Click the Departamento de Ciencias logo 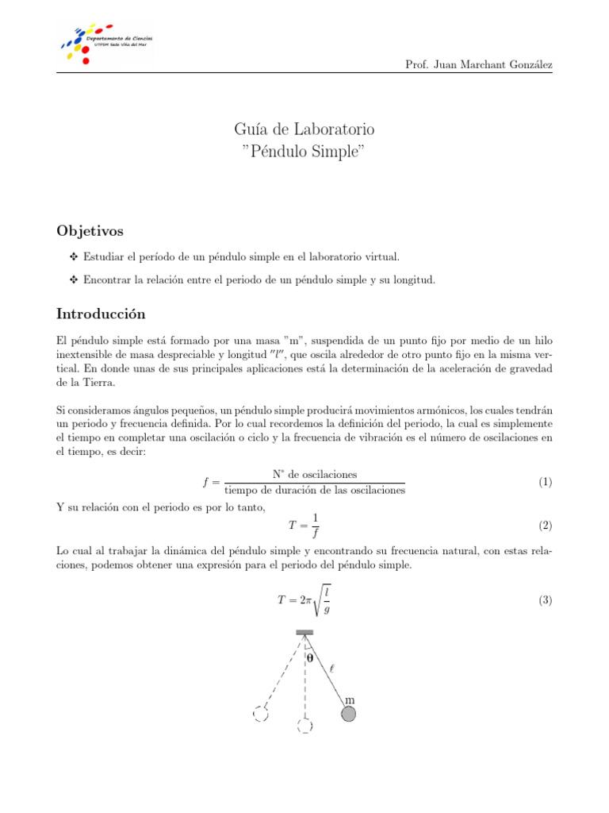[107, 41]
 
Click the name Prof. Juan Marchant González [478, 64]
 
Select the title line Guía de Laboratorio [304, 129]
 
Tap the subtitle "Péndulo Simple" [304, 151]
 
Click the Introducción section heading [101, 314]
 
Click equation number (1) [545, 483]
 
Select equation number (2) [545, 526]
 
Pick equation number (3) [545, 601]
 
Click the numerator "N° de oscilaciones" [314, 475]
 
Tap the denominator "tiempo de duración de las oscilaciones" [315, 491]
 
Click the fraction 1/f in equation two [315, 526]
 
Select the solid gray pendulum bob [348, 715]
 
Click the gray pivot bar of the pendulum [304, 633]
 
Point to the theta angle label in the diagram [310, 658]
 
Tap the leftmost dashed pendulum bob [259, 714]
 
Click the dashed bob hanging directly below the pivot [304, 726]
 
